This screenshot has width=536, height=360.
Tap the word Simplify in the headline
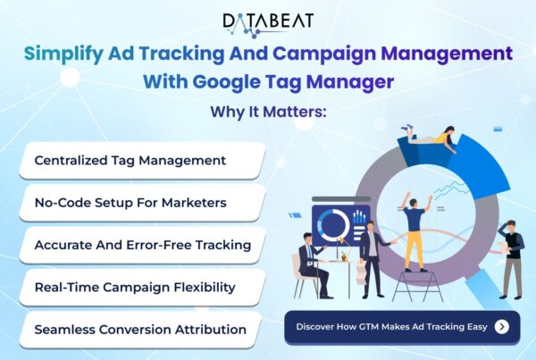pos(63,54)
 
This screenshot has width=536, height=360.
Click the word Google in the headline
pos(226,83)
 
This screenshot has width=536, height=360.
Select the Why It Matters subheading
pos(268,113)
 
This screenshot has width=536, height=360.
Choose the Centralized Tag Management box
pos(143,160)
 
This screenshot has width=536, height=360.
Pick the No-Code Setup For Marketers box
pos(143,203)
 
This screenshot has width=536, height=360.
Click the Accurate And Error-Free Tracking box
pos(143,245)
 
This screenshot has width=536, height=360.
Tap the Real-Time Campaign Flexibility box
pos(143,287)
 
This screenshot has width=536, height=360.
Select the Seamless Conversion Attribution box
pos(140,330)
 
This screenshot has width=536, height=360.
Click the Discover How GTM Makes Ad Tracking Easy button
pos(402,327)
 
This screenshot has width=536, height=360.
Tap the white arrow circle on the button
pos(501,327)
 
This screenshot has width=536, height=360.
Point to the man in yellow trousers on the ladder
pos(415,231)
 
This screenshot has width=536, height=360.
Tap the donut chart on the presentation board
pos(333,225)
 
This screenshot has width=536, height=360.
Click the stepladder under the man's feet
pos(417,286)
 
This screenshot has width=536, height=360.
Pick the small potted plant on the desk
pos(344,256)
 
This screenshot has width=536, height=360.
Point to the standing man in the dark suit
pos(372,259)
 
